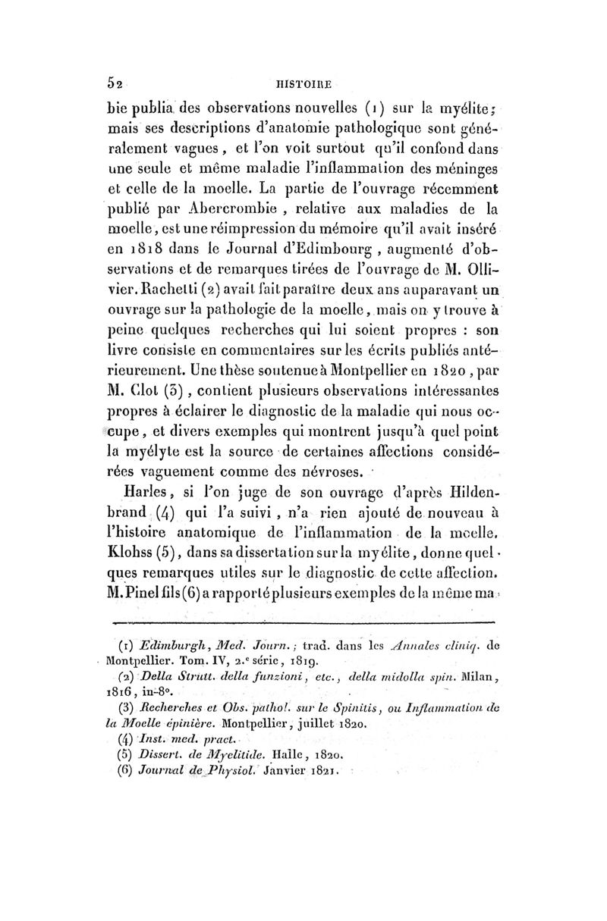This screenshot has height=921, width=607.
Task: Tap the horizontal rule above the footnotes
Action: (303, 622)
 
